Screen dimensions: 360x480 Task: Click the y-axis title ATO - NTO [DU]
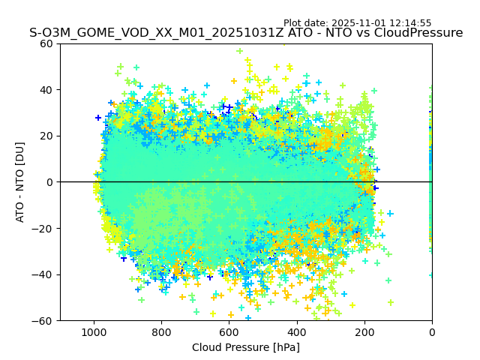21,182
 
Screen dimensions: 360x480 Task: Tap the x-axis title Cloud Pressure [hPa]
246,347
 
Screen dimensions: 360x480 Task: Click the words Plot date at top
306,23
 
